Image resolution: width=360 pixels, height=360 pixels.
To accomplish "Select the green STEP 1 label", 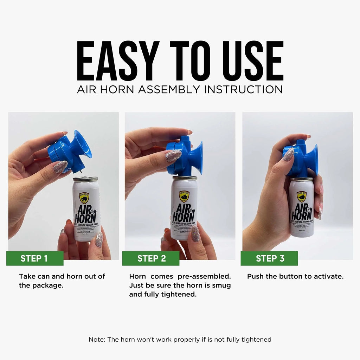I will point(34,258).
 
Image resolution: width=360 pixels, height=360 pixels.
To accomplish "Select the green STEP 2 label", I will point(151,258).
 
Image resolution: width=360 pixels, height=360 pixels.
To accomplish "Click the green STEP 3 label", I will point(270,258).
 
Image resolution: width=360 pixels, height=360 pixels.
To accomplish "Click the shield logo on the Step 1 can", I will point(84,198).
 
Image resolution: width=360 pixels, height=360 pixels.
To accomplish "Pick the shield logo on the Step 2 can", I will point(184,196).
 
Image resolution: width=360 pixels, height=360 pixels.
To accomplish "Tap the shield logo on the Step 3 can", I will point(301,196).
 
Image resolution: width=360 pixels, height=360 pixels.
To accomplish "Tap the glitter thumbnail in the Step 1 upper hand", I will point(60,167).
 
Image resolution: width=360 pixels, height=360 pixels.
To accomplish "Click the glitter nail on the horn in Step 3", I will point(288,155).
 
